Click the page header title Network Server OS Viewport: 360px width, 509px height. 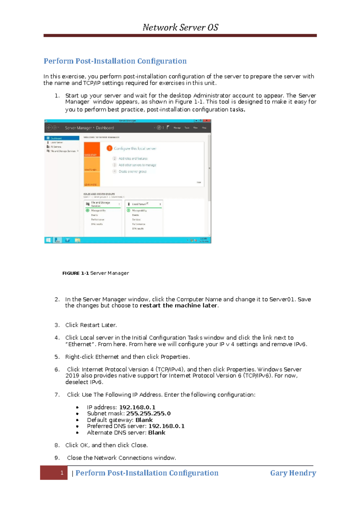point(180,28)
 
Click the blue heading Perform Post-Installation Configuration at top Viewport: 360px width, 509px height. point(115,61)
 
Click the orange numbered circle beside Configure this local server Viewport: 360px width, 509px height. point(109,148)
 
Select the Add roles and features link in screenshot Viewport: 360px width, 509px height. point(133,159)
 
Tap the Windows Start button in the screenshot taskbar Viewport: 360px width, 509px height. point(48,240)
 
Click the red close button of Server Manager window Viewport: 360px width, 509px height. point(207,121)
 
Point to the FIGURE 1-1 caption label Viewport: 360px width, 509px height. point(75,273)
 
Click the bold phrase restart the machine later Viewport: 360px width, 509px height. point(178,306)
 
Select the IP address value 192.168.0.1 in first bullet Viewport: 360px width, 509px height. point(137,407)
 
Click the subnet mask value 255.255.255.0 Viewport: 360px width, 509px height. point(148,414)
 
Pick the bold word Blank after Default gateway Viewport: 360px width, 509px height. point(144,420)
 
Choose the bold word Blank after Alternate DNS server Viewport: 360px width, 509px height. point(157,433)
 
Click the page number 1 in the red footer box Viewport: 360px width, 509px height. point(62,473)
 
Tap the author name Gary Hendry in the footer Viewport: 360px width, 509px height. point(293,473)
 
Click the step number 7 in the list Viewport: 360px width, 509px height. point(57,395)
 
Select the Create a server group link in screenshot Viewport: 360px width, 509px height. point(132,171)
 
